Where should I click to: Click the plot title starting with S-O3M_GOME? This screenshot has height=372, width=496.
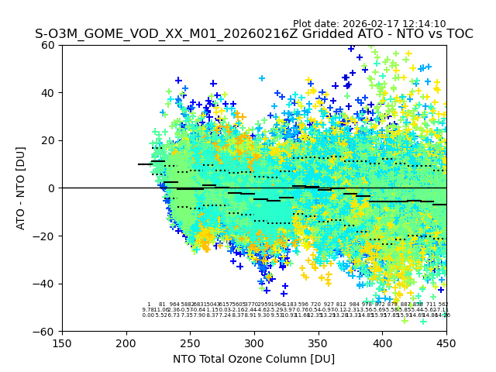click(253, 34)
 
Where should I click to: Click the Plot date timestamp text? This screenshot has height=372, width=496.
click(369, 24)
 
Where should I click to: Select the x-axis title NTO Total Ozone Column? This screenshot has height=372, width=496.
click(253, 359)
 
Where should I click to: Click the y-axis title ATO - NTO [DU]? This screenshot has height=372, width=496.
click(21, 188)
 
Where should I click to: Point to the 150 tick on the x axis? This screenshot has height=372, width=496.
click(62, 342)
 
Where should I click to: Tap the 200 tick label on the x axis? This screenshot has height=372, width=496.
click(126, 342)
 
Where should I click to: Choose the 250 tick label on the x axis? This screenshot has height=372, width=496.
click(190, 342)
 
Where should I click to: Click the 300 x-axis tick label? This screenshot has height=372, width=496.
click(254, 342)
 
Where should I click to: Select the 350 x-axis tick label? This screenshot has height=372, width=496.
click(319, 342)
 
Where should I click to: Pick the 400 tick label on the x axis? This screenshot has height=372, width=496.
click(382, 342)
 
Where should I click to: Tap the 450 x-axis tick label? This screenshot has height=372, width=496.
click(446, 342)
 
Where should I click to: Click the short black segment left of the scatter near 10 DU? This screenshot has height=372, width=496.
click(144, 164)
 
